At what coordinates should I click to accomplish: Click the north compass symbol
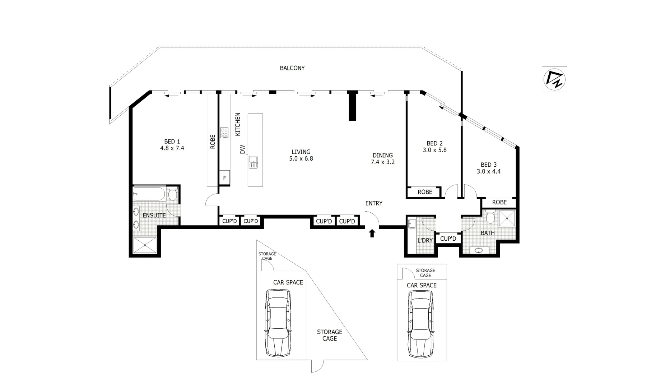click(x=554, y=79)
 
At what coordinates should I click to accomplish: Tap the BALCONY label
click(x=292, y=68)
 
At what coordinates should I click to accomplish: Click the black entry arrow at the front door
click(x=372, y=234)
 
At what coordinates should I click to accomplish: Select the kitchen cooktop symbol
click(x=224, y=133)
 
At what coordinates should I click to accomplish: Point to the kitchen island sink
click(x=253, y=162)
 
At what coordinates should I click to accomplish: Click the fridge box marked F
click(x=225, y=178)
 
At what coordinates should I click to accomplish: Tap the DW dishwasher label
click(x=242, y=149)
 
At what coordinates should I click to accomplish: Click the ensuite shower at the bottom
click(x=145, y=245)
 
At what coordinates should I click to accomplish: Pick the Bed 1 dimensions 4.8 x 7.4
click(x=172, y=148)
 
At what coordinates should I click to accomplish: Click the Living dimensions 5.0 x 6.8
click(x=301, y=158)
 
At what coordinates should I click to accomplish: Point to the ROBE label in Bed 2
click(x=425, y=192)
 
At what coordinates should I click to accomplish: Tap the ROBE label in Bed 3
click(x=499, y=202)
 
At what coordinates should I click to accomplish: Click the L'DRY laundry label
click(x=425, y=240)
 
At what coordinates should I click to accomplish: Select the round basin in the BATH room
click(x=479, y=250)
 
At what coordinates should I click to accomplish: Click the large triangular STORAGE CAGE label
click(x=329, y=335)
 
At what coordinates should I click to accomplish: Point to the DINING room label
click(x=382, y=155)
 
